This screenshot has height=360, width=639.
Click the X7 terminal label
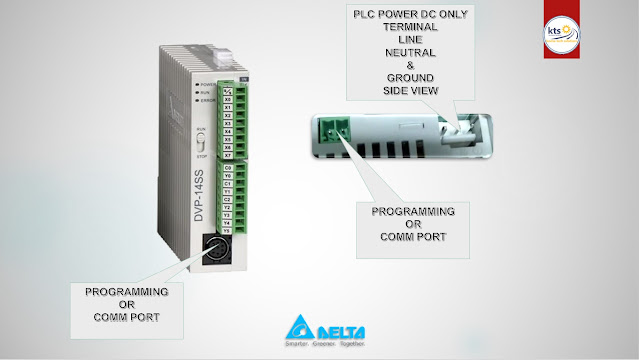click(228, 155)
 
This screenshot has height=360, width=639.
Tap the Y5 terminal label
click(228, 229)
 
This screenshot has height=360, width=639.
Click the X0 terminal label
click(228, 98)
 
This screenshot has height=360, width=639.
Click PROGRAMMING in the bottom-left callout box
click(126, 291)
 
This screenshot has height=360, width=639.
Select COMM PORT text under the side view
click(412, 237)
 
